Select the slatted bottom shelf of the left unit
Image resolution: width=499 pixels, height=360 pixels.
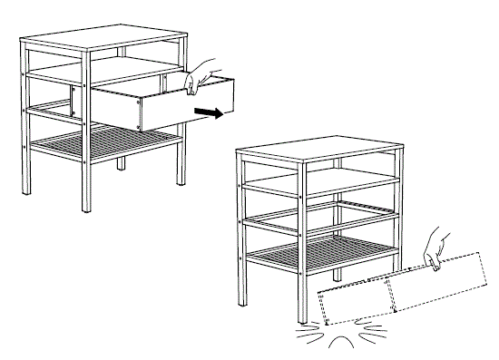pyautogui.click(x=104, y=145)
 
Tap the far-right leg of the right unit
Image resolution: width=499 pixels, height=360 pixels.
pyautogui.click(x=396, y=209)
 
